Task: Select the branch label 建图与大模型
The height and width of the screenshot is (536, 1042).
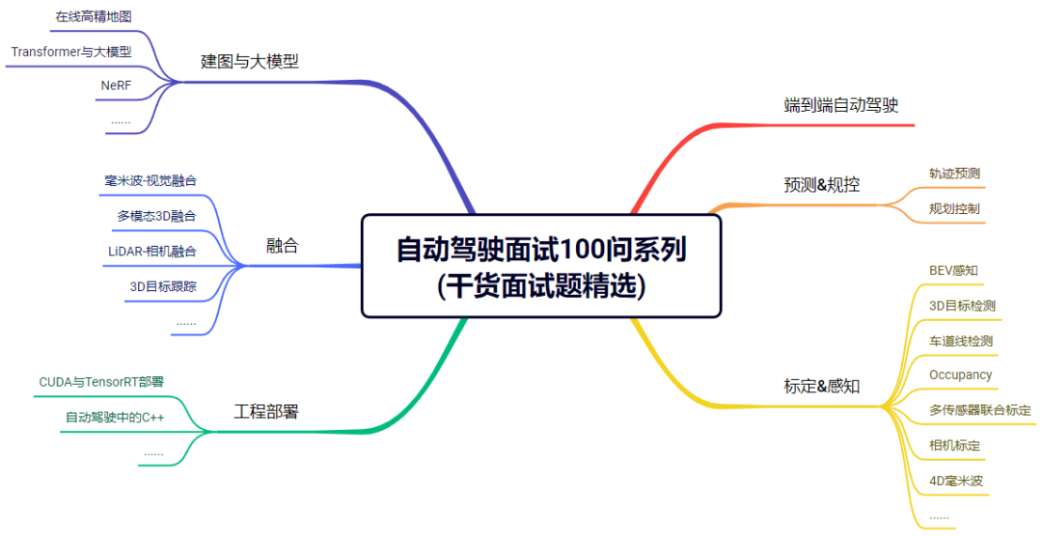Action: (250, 62)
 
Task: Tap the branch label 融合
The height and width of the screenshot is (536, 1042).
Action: (283, 246)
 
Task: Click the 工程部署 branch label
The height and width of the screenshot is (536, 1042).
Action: (266, 413)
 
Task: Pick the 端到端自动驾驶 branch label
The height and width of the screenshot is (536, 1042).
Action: (841, 105)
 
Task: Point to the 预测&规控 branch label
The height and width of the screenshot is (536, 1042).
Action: (821, 184)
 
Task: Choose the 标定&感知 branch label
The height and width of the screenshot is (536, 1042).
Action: (821, 387)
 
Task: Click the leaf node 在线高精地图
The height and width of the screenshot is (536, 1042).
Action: (94, 16)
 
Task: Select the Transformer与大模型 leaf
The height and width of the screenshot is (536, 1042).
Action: (71, 51)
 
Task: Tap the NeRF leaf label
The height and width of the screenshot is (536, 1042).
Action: (116, 86)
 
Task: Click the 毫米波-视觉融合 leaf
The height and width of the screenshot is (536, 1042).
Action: (151, 180)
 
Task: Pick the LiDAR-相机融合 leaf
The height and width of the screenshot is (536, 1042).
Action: (152, 252)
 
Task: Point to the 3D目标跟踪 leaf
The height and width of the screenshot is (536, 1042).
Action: (162, 286)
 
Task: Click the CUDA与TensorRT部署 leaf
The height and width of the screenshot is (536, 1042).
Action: (101, 382)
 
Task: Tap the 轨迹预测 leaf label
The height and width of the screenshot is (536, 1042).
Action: (954, 174)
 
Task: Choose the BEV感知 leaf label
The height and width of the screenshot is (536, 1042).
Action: (953, 270)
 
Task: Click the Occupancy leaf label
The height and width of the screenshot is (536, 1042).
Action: (960, 374)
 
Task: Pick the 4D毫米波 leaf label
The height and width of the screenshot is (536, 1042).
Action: (956, 479)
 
